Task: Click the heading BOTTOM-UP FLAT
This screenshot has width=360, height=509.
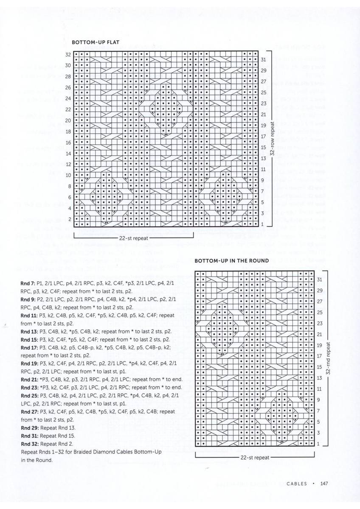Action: coord(96,42)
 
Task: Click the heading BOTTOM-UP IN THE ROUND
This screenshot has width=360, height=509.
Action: coord(231,261)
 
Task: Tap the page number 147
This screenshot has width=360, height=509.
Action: coord(325,483)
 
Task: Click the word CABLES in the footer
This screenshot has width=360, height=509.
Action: coord(297,483)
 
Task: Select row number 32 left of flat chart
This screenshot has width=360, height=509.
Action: coord(68,55)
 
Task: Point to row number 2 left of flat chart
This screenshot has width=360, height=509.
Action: coord(69,219)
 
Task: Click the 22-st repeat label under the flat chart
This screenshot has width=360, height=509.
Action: coord(134,238)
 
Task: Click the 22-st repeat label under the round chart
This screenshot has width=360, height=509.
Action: coord(255,458)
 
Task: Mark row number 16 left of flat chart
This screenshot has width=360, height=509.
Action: coord(68,143)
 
